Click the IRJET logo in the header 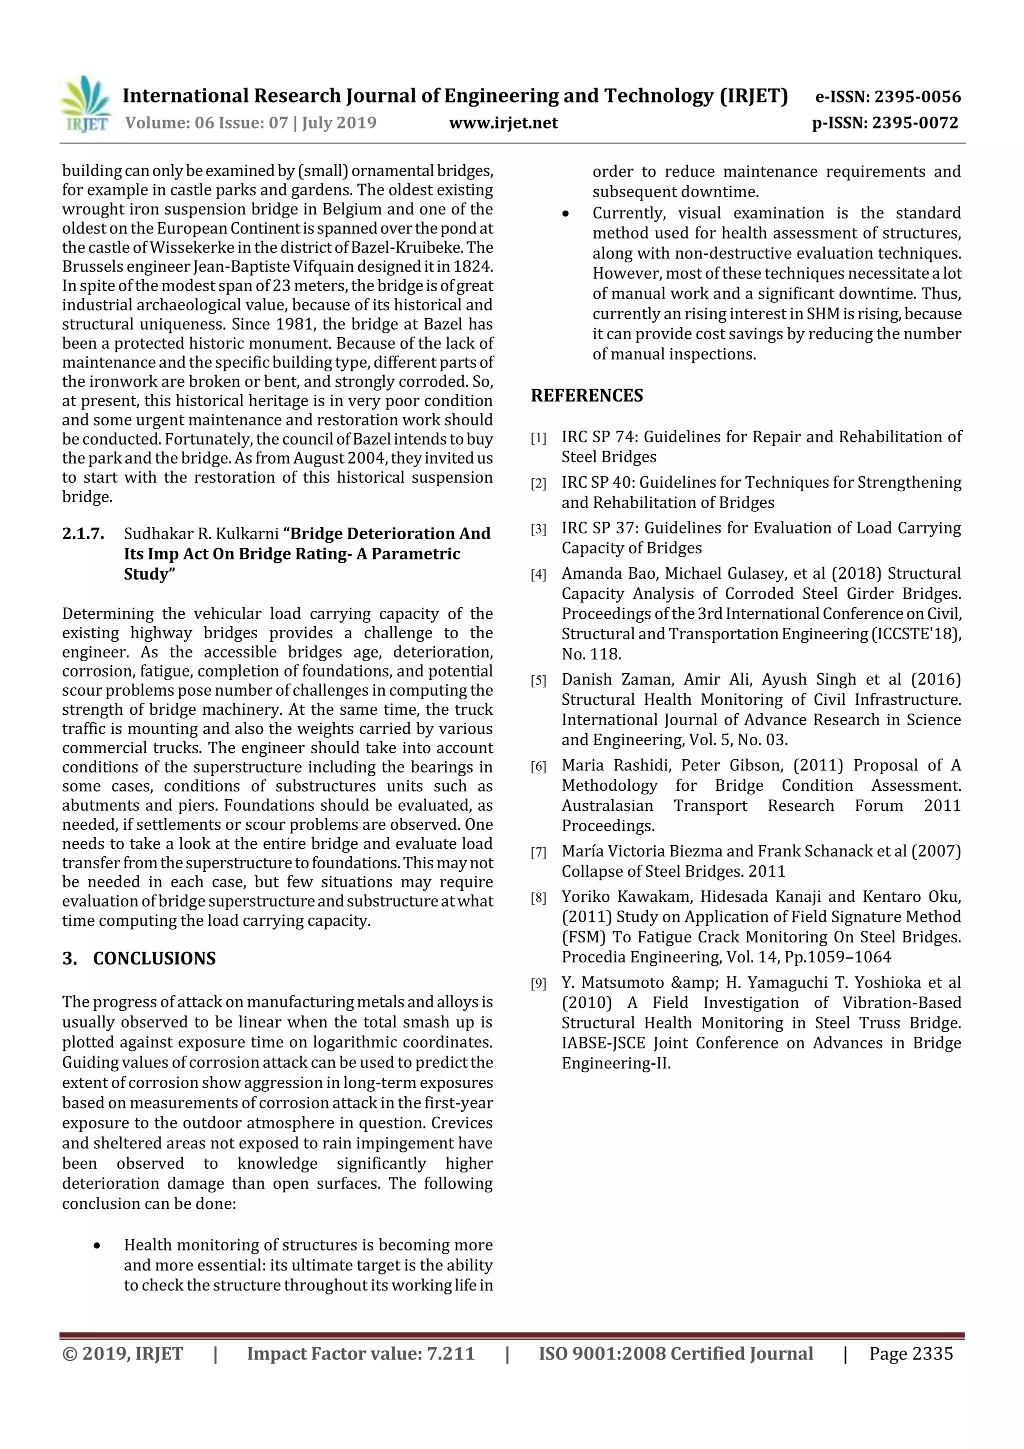click(84, 105)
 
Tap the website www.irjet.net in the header click(503, 123)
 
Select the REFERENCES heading click(587, 395)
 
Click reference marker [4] click(538, 575)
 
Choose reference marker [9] click(538, 984)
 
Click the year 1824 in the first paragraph click(473, 266)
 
